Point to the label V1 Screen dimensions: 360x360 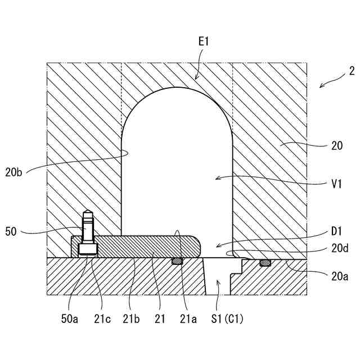click(337, 182)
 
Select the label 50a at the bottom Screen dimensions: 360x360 click(70, 319)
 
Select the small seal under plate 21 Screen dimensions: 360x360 click(178, 260)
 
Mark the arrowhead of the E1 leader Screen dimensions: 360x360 click(196, 78)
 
